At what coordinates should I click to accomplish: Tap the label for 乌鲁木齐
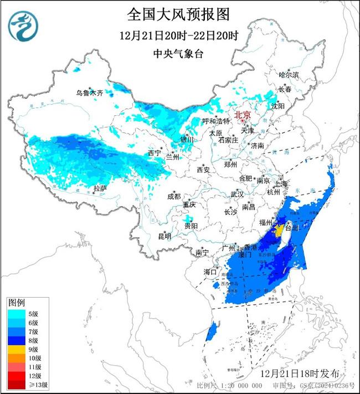90,93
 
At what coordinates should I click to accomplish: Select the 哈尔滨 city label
289,74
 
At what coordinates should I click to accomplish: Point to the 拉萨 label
100,188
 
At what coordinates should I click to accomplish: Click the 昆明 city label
164,236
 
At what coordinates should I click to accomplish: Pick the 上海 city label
281,183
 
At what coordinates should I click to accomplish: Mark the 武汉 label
237,195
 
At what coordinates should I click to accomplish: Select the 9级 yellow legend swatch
17,349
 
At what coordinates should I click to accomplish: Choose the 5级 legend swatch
17,313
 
